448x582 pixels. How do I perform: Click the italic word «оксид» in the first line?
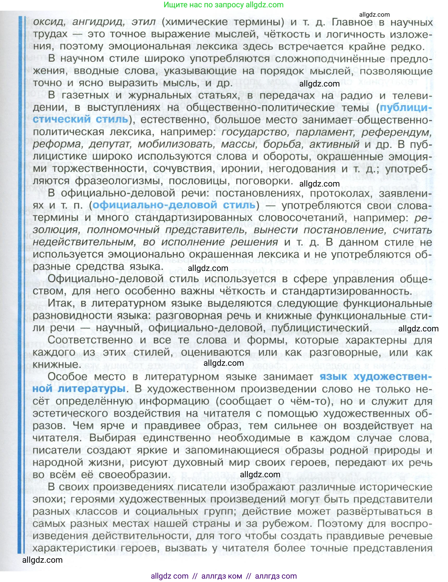click(49, 22)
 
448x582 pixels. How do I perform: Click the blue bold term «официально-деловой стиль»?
click(174, 205)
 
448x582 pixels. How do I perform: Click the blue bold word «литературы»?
click(91, 389)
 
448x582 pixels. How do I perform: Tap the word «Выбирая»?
click(112, 438)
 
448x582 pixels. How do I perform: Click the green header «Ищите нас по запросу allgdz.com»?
click(223, 5)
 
